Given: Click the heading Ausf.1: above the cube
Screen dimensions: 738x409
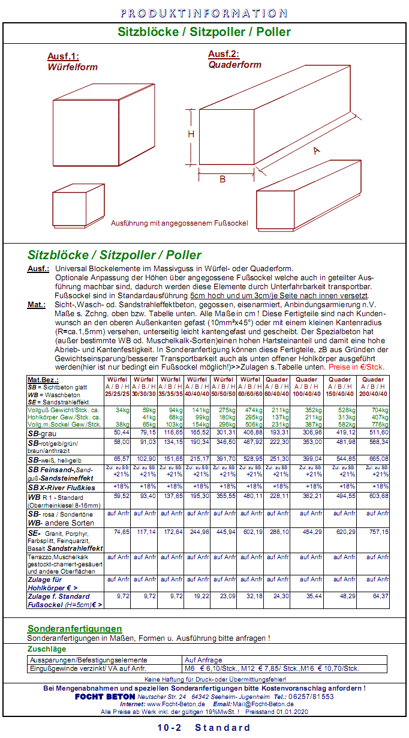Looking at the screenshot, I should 63,57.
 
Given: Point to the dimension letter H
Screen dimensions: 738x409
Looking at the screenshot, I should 191,134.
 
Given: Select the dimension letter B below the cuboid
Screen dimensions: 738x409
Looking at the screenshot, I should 222,179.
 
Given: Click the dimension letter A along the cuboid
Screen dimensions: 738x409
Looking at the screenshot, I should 316,151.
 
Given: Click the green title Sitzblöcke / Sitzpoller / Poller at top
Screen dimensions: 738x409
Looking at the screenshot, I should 204,32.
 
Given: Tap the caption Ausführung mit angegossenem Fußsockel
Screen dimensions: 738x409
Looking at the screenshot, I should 179,223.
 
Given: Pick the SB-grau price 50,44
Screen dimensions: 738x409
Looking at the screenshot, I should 121,432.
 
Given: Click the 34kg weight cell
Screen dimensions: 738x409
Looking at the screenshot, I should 122,410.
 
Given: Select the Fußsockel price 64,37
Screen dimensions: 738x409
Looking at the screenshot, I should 380,596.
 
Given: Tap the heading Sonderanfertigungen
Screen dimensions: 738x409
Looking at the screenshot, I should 74,628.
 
